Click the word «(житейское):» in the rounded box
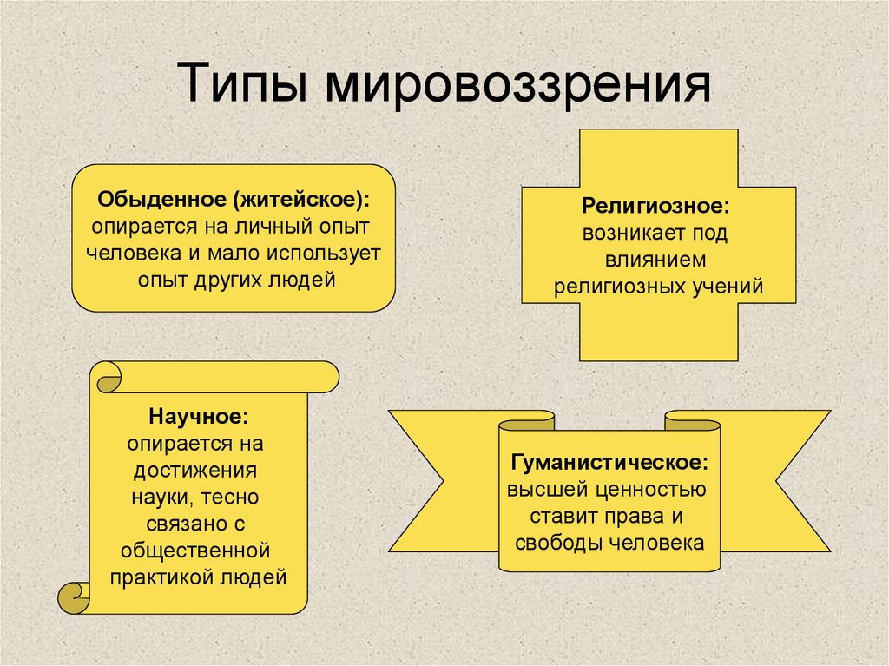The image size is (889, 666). point(300,199)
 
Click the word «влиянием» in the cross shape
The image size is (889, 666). point(657,260)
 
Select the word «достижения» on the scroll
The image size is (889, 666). point(198,471)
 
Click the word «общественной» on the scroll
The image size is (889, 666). point(198,551)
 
